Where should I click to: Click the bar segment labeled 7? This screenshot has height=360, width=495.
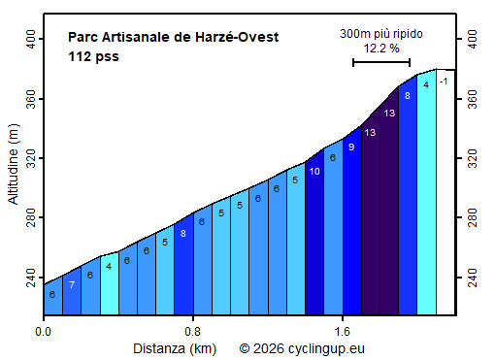coord(72,291)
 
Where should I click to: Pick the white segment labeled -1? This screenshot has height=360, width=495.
coord(445,194)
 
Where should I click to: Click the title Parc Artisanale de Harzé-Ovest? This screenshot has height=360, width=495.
coord(174,38)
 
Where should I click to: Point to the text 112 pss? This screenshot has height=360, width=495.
coord(93,56)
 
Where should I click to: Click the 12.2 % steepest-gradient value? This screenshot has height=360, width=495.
coord(380,48)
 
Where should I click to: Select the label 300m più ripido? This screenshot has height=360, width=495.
coord(380,34)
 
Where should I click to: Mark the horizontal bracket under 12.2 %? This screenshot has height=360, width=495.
coord(380,62)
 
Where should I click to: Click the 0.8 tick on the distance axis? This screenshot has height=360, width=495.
coord(193,330)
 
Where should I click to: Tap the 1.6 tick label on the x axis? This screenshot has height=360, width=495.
coord(343,330)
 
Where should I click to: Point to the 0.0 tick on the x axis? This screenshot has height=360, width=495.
coord(44,330)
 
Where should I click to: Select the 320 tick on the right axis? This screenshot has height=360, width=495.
coord(474,159)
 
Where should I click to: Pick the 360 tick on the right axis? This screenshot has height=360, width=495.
coord(474,99)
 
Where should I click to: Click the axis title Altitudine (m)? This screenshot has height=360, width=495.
coord(13,170)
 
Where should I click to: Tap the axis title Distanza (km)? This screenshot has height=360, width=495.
coord(174,346)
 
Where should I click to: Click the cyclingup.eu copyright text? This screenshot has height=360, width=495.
coord(302,346)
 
